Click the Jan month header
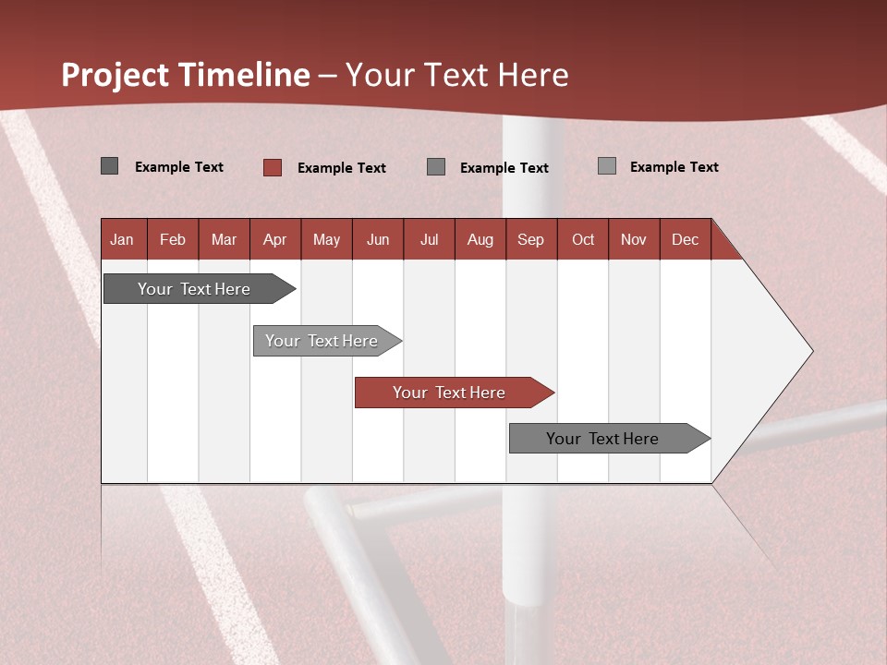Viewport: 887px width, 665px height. click(x=123, y=239)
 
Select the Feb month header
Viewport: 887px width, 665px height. click(x=173, y=239)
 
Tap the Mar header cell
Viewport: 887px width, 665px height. click(x=224, y=239)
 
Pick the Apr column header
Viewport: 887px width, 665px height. click(x=275, y=239)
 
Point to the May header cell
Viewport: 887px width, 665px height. click(x=326, y=239)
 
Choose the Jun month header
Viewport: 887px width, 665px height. click(x=378, y=239)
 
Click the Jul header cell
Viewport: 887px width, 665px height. click(x=429, y=239)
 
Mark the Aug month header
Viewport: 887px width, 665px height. click(x=480, y=239)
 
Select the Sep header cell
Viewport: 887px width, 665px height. click(x=531, y=239)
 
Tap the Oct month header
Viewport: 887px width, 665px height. click(x=583, y=239)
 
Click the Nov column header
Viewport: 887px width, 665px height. click(x=634, y=239)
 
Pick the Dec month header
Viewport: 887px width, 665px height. click(x=686, y=239)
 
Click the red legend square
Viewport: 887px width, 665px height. click(x=273, y=167)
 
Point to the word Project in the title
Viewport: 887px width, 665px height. click(x=116, y=75)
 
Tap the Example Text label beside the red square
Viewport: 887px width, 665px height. click(x=342, y=168)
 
